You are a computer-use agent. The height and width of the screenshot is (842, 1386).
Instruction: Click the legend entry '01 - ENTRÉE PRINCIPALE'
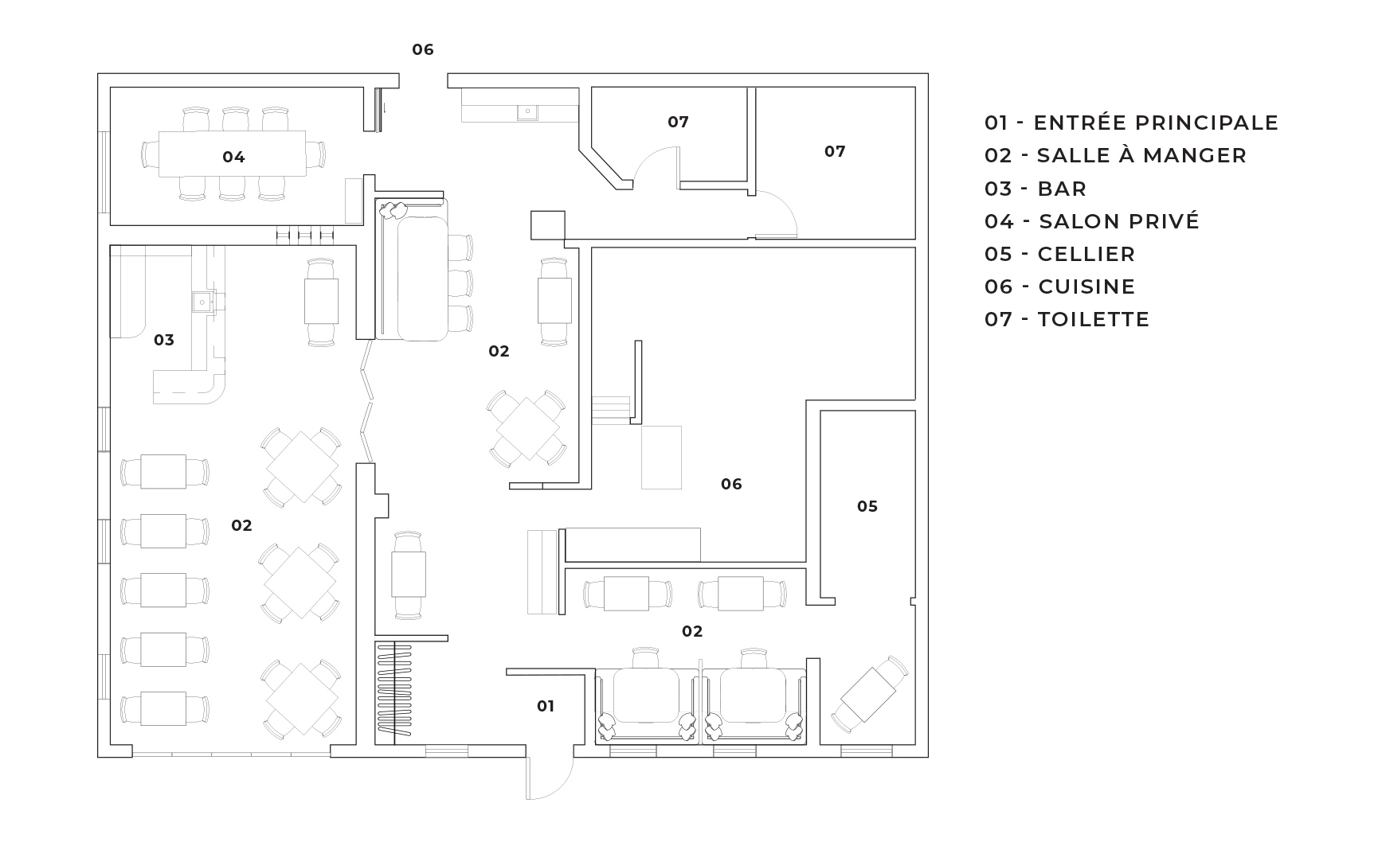(x=1131, y=123)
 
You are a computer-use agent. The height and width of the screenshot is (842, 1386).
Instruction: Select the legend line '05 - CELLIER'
(x=1059, y=254)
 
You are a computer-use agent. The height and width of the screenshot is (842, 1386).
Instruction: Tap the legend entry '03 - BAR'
(x=1036, y=189)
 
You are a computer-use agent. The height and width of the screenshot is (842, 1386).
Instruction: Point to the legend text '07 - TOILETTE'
(x=1067, y=319)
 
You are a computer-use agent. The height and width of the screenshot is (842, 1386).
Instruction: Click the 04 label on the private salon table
(x=233, y=157)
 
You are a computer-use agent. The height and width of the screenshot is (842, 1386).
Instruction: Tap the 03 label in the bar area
(x=164, y=340)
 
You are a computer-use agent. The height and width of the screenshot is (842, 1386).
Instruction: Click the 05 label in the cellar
(x=867, y=506)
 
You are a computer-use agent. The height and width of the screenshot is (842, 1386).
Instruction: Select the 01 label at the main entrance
(x=546, y=706)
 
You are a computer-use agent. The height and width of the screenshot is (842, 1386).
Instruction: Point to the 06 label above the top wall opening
(x=423, y=49)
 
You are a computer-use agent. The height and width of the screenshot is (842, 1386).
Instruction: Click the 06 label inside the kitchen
(x=731, y=484)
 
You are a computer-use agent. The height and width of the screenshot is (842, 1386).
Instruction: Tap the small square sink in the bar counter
(x=202, y=301)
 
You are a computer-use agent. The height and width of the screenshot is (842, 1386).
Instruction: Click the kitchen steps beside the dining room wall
(x=611, y=409)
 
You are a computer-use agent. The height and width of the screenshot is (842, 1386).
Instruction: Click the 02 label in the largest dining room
(x=241, y=525)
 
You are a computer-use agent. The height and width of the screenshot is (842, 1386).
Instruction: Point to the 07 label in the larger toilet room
(x=835, y=151)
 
